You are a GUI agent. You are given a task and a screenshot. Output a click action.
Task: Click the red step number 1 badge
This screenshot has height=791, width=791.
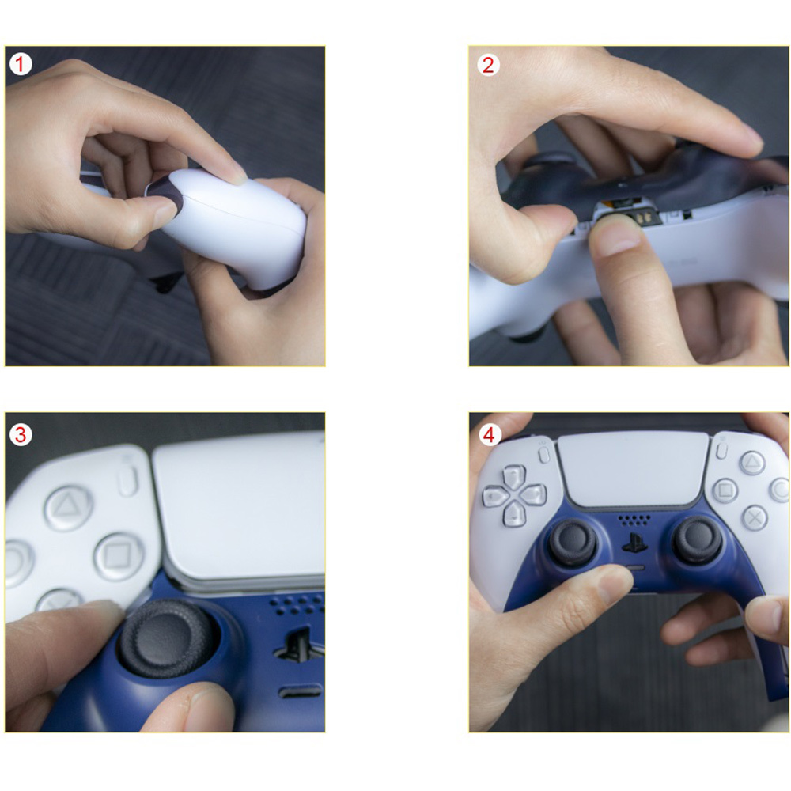coord(21,64)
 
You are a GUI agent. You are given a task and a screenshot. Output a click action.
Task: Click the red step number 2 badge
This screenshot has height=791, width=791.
coord(488,65)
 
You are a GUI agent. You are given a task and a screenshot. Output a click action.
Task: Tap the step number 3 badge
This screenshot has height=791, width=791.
coord(21,435)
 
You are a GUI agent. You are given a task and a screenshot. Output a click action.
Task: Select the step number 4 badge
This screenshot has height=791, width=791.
coord(489,435)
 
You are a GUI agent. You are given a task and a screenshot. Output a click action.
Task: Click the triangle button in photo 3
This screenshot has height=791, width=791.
coord(68,508)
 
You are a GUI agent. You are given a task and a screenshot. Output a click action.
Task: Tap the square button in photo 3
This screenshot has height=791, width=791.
coord(119,556)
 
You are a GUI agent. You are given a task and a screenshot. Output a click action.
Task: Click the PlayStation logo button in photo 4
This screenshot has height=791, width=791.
coord(634,543)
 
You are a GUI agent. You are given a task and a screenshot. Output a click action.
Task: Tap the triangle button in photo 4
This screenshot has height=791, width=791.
coord(752,463)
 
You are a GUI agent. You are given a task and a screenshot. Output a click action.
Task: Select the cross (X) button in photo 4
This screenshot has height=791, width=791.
coord(755,517)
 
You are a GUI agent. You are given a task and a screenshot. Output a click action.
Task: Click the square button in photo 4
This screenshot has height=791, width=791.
coord(725,490)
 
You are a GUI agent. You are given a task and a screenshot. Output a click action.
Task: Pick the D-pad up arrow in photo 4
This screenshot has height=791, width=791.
coord(515,476)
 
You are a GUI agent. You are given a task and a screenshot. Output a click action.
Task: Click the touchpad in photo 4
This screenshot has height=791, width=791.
coord(634,469)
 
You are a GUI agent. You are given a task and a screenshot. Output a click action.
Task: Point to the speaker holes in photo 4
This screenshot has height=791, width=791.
coord(634,520)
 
